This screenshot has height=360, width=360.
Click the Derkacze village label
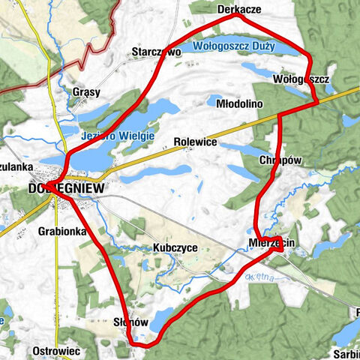click(x=238, y=8)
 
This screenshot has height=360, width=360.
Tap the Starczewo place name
click(x=156, y=52)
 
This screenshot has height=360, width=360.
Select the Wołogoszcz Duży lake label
click(x=233, y=46)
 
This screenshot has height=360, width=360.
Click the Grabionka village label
click(x=61, y=232)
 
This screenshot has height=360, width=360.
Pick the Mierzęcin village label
click(x=271, y=243)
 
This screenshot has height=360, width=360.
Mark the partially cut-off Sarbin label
click(x=346, y=352)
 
